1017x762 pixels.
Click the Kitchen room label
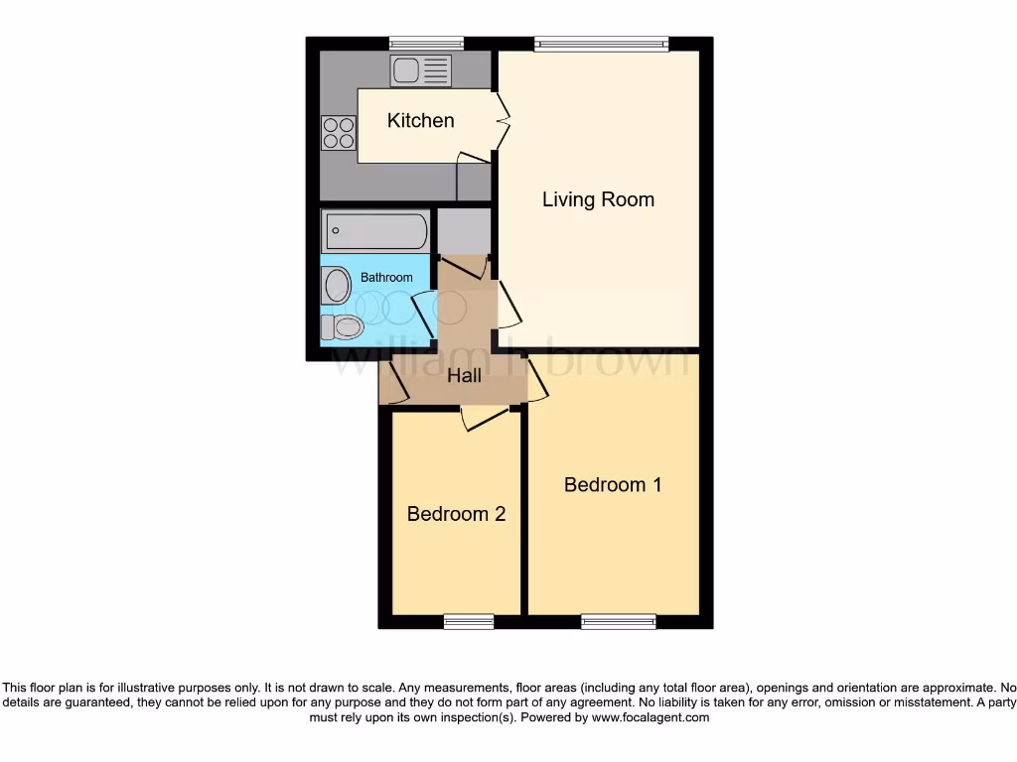click(x=420, y=120)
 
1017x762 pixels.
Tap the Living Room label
click(x=598, y=199)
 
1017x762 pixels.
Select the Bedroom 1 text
click(x=613, y=485)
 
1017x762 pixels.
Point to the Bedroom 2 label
click(x=456, y=514)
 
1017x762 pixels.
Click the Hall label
click(x=464, y=376)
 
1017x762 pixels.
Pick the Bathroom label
click(x=386, y=278)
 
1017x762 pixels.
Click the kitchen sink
click(x=420, y=70)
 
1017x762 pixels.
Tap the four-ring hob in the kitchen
click(x=339, y=133)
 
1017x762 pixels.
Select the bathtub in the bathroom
click(x=374, y=232)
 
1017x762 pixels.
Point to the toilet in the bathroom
click(x=341, y=325)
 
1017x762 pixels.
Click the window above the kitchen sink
click(x=427, y=43)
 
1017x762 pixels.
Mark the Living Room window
click(x=601, y=43)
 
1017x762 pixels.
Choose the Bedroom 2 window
click(x=469, y=622)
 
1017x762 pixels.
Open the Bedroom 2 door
click(x=485, y=418)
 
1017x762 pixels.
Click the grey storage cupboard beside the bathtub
click(x=464, y=231)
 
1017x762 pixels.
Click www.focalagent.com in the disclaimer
click(x=650, y=717)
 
